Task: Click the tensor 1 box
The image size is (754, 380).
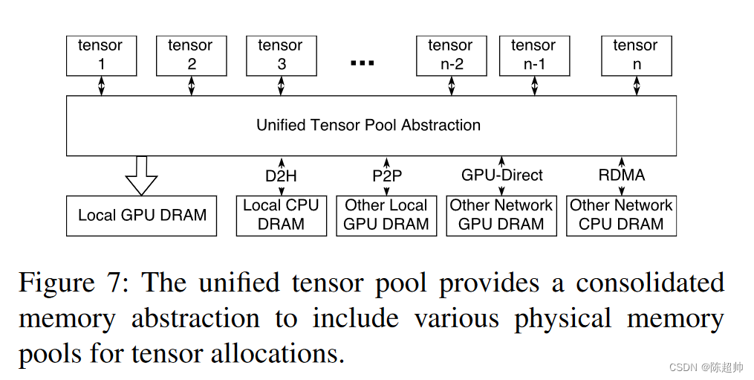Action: tap(101, 55)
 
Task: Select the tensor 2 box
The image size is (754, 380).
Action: tap(191, 55)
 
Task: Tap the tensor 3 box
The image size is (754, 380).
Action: tap(281, 55)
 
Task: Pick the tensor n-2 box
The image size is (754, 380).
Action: tap(451, 55)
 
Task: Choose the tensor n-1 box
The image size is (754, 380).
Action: tap(533, 55)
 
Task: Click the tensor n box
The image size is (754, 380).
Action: tap(636, 55)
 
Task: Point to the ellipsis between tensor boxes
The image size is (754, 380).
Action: tap(363, 62)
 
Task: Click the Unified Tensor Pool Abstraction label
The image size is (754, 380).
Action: tap(368, 125)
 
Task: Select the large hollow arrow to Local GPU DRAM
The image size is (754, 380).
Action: tap(141, 175)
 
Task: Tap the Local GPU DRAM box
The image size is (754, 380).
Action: tap(142, 216)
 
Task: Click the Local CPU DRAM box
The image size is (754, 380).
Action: tap(281, 215)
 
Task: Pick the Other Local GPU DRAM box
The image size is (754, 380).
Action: tap(386, 215)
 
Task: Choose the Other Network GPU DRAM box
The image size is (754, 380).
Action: tap(501, 215)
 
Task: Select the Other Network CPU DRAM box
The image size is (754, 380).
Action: tap(621, 215)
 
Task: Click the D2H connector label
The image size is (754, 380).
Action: tap(281, 176)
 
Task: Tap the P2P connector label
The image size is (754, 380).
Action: tap(386, 176)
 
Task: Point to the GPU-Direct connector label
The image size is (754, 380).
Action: tap(502, 175)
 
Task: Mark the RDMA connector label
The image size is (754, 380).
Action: tap(622, 175)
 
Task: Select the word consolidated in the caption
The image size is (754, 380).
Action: tap(650, 283)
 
